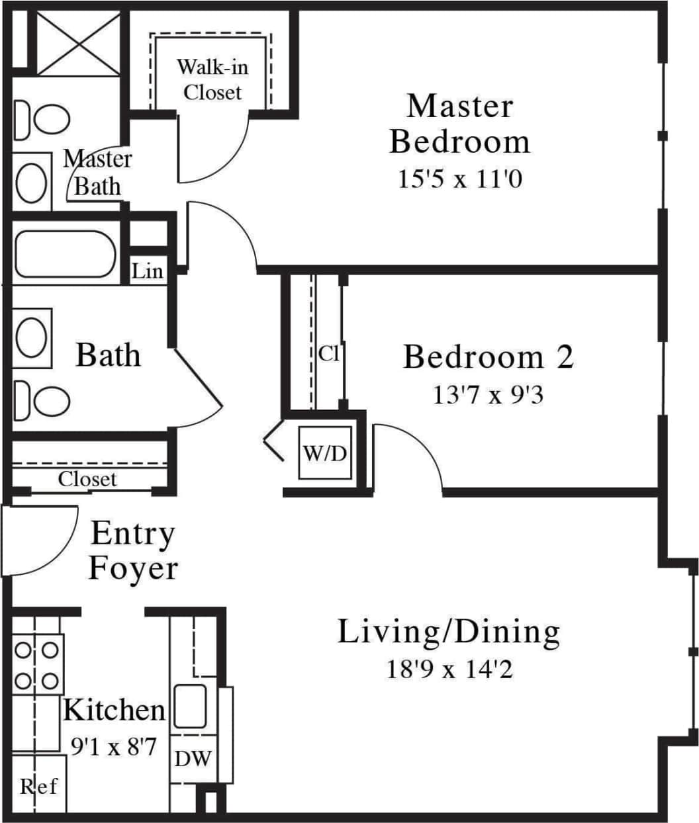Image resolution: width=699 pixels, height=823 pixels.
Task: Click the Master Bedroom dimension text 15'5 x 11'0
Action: [459, 179]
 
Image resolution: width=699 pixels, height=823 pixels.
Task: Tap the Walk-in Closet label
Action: [212, 79]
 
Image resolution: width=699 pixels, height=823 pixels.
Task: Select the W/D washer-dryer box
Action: [324, 453]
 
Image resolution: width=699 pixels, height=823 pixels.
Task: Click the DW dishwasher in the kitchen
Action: [192, 758]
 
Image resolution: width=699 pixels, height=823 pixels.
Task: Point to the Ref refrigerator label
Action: [38, 786]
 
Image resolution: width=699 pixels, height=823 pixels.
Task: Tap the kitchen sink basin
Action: [190, 707]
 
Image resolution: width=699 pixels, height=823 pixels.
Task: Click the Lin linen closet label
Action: [147, 271]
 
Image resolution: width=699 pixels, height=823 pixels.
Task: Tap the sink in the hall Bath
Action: [31, 337]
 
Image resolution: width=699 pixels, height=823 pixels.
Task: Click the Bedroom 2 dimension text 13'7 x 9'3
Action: [488, 396]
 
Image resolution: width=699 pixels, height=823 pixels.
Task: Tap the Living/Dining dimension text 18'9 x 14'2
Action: [449, 670]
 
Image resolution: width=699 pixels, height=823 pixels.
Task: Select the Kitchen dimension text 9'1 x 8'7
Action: [113, 748]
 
